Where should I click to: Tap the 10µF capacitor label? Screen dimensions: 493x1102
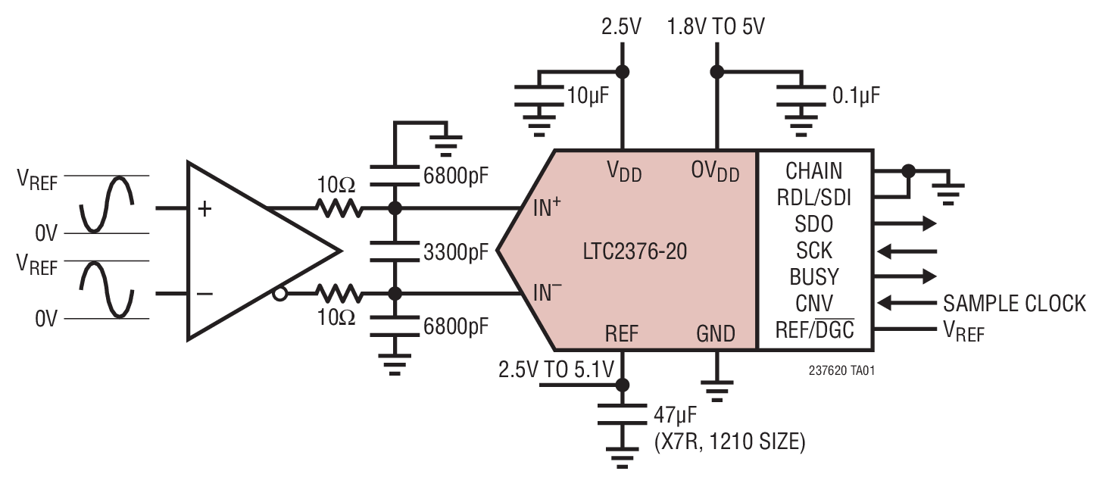pos(588,95)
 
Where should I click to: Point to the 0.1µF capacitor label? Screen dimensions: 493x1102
pos(856,95)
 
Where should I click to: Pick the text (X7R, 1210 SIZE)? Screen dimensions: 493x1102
pos(729,442)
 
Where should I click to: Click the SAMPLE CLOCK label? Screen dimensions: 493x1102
pos(1014,304)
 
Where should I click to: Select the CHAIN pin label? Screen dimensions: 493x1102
pos(813,170)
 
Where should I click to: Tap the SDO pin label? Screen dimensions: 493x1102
pos(813,223)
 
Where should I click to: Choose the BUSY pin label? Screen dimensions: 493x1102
pos(813,276)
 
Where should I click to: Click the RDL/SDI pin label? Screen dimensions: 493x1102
pos(813,198)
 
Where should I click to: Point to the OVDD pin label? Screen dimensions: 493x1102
pos(714,172)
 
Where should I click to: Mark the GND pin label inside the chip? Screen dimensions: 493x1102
pos(715,332)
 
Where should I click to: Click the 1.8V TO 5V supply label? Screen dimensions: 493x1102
pos(715,27)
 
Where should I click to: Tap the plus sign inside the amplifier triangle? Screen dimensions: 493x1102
pos(204,209)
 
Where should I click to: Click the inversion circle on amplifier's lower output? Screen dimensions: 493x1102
pos(279,294)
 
